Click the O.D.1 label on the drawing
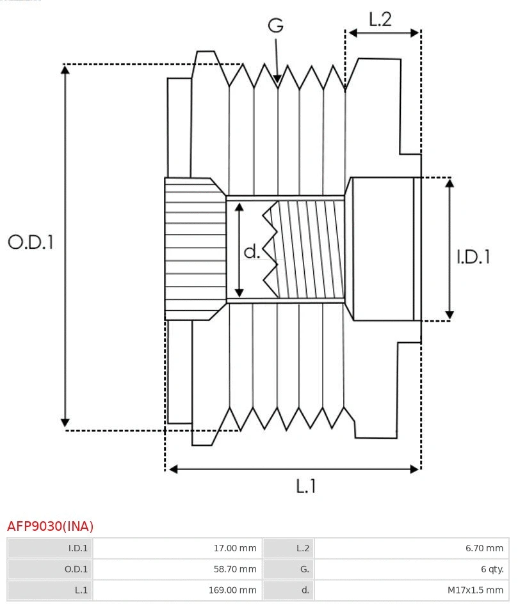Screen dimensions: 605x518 tap(30, 242)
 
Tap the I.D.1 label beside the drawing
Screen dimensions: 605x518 tap(473, 257)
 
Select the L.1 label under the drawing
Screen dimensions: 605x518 tap(306, 487)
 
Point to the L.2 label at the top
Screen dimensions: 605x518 tap(380, 19)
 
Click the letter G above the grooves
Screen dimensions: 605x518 tap(275, 26)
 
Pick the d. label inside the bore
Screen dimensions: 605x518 tap(252, 252)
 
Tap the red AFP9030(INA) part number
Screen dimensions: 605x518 tap(50, 526)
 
